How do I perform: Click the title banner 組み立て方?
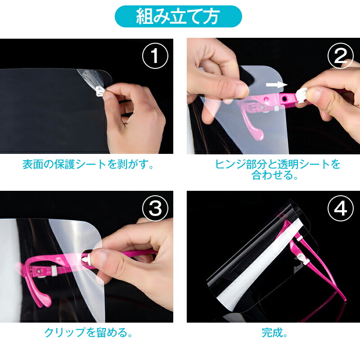tap(178, 17)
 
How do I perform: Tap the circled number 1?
tap(155, 55)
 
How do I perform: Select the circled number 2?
tap(340, 55)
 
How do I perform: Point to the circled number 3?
tap(155, 208)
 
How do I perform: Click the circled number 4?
tap(340, 208)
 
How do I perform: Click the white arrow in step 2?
tap(277, 85)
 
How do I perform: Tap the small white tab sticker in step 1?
tap(100, 90)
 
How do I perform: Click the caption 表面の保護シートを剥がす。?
tap(88, 164)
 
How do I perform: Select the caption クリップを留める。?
tap(88, 333)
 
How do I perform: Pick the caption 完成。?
tap(274, 333)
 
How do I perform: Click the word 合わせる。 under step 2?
tap(274, 175)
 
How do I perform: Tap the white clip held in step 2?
tap(301, 95)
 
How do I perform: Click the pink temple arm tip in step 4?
tap(345, 299)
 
